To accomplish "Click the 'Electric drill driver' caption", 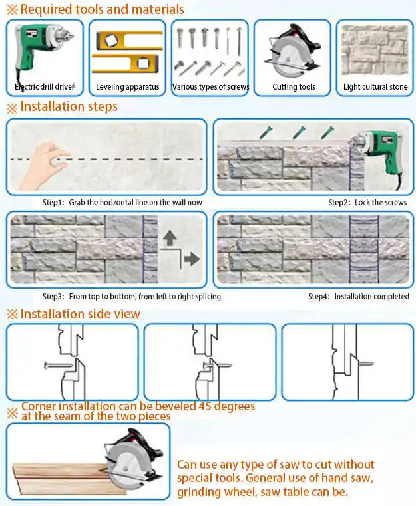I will pos(45,87).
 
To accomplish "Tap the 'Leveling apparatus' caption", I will pos(127,87).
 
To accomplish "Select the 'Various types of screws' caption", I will pos(210,87).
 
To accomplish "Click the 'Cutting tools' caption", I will pos(294,87).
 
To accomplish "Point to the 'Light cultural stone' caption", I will pos(375,87).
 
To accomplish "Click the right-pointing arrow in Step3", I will pos(191,259).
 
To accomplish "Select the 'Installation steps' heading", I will pos(69,107).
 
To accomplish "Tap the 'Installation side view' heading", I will pos(80,313).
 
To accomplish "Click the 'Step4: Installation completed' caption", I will pos(358,297).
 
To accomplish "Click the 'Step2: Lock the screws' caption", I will pos(367,202).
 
